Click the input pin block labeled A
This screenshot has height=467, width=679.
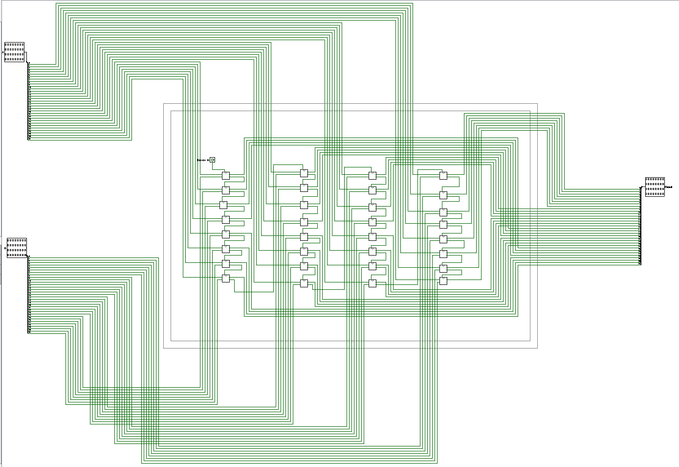14,52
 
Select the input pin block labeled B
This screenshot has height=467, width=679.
17,248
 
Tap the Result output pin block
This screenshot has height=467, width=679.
655,187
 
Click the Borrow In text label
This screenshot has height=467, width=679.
203,160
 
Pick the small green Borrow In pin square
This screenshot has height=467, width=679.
212,160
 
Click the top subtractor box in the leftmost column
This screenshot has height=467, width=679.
225,176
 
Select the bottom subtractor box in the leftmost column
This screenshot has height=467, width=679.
225,279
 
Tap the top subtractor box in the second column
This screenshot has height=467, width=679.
304,173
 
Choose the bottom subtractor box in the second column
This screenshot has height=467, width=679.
304,283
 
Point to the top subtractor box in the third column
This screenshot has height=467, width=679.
372,176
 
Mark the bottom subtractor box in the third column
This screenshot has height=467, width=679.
372,283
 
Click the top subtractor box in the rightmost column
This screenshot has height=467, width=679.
443,176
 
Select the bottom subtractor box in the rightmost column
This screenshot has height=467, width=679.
443,281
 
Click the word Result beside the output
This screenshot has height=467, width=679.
669,187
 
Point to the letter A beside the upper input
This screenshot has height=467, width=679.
3,52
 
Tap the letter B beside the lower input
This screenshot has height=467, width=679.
5,248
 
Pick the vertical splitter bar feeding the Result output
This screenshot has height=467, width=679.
640,226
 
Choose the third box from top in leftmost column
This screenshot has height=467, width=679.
223,205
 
